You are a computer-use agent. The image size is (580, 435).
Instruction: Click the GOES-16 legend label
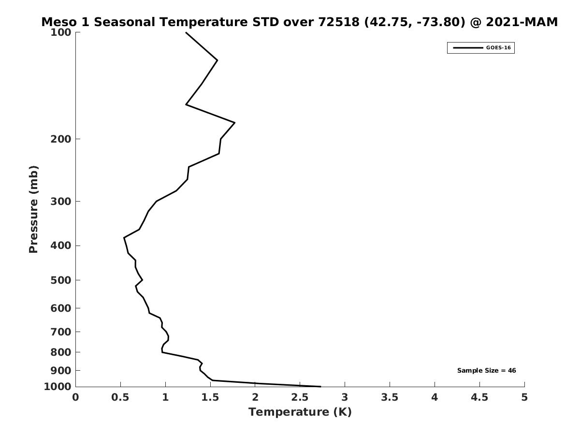click(498, 48)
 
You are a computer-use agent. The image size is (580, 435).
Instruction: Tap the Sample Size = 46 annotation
click(486, 371)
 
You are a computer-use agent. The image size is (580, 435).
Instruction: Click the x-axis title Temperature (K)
click(300, 412)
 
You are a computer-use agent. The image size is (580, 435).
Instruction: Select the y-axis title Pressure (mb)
click(33, 209)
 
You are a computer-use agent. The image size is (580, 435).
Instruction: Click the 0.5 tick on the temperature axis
click(120, 397)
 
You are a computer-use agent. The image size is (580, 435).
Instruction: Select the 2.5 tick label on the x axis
click(300, 397)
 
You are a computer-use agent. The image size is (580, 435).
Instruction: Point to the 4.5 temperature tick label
click(479, 397)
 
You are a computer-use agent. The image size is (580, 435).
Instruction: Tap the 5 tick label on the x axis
click(524, 397)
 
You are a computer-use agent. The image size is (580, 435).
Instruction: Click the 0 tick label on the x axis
click(75, 397)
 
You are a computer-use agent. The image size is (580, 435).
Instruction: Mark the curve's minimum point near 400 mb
click(124, 238)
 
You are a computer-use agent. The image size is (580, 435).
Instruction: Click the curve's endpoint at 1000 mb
click(320, 387)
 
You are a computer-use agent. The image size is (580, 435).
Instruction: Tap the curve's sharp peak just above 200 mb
click(234, 123)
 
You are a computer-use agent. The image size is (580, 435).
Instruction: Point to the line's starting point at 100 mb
click(186, 32)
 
